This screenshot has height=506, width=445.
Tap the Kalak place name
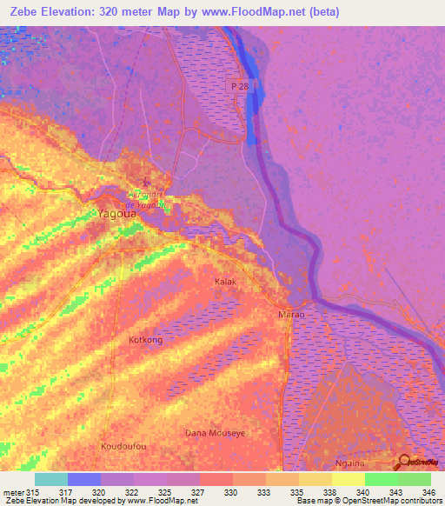pos(225,283)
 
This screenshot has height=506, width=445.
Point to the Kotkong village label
pos(145,340)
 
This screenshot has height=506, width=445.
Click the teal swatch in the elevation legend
pos(50,479)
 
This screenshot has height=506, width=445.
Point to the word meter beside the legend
pos(11,491)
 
